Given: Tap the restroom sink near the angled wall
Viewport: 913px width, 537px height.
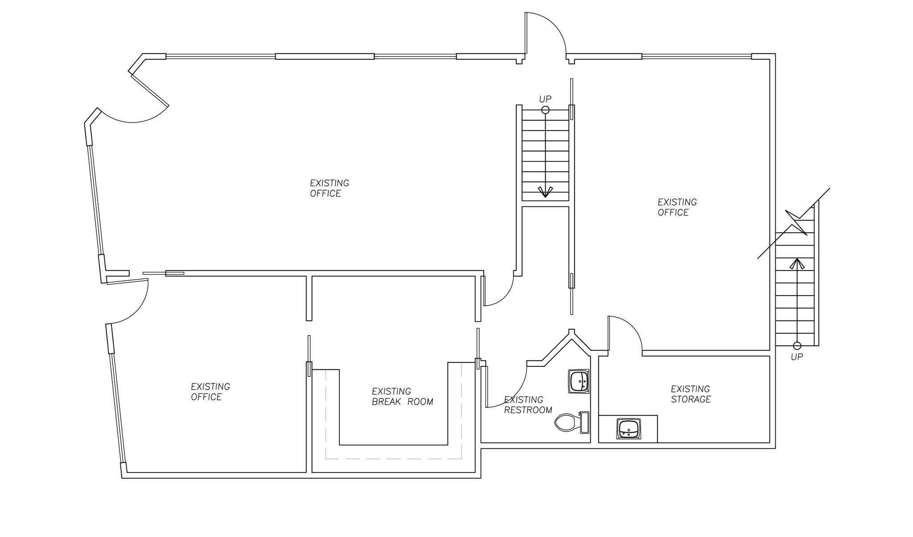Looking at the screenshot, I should click(x=579, y=381).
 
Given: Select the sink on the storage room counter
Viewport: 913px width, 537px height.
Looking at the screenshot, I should click(x=629, y=429).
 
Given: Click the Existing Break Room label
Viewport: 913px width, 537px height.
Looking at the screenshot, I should click(x=402, y=397).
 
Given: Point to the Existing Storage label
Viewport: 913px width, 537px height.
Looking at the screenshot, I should click(x=691, y=394).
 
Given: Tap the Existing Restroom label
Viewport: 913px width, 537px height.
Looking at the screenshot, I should click(x=528, y=405).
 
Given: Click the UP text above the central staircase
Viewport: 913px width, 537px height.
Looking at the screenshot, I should click(x=545, y=99).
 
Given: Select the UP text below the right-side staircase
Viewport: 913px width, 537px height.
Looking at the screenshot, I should click(x=797, y=357).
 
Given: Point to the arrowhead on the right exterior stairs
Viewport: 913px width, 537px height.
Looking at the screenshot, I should click(x=797, y=264).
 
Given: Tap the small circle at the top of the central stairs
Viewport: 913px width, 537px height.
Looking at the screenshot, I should click(x=545, y=110).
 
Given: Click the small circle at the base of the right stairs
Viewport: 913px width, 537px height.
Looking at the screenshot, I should click(x=797, y=346).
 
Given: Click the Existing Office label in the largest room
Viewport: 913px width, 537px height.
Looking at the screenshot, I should click(x=329, y=188).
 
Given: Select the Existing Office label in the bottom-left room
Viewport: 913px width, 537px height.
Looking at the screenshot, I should click(x=210, y=392).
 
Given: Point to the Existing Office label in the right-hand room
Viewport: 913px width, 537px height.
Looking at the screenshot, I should click(x=677, y=207).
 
